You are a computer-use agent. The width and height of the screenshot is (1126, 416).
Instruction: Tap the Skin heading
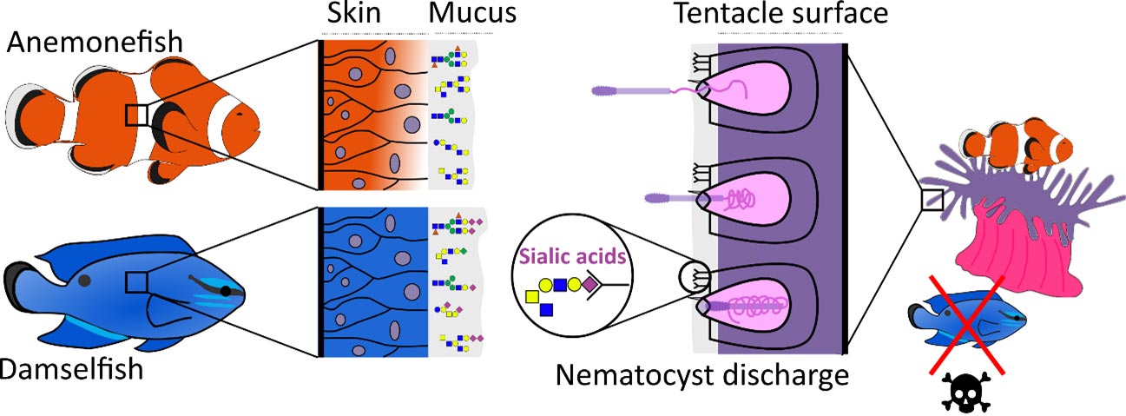(x=355, y=15)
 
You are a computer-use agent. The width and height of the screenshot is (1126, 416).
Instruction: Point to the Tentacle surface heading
(x=773, y=15)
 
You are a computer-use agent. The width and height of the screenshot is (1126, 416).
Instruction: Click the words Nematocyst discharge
(x=701, y=376)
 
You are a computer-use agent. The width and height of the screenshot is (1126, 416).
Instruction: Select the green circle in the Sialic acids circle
(x=574, y=283)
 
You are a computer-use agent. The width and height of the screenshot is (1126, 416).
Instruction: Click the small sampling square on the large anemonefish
(x=136, y=115)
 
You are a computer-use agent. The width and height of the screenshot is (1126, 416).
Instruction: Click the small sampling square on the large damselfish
(x=136, y=281)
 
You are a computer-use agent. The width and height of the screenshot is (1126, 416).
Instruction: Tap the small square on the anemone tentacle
(x=931, y=201)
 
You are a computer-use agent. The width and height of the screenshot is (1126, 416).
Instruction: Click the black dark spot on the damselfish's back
(x=84, y=280)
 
